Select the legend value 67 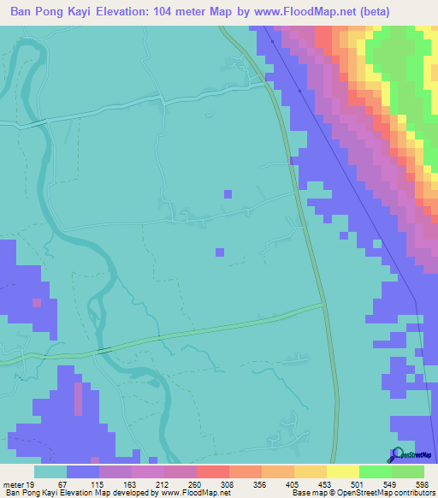[63, 484]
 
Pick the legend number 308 [227, 484]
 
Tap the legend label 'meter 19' [20, 484]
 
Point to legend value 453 [323, 484]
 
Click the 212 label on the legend [162, 484]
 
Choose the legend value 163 [129, 484]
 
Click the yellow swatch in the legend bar [342, 471]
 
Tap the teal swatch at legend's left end [50, 471]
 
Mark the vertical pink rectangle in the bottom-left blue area [79, 400]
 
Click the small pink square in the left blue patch [37, 302]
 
